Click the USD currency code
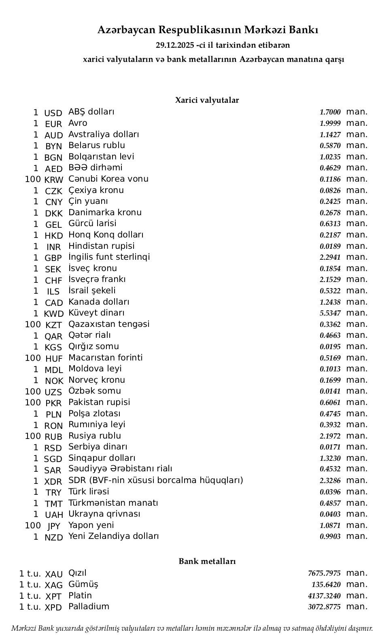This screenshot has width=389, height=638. [x=53, y=113]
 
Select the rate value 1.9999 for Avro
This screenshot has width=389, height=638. [x=330, y=123]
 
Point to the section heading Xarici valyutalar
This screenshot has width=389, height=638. [x=207, y=100]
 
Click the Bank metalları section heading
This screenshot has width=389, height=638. [x=207, y=561]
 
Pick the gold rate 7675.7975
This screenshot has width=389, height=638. [x=324, y=573]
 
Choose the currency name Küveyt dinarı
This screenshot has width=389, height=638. [x=96, y=313]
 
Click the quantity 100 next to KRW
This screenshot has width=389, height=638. [x=33, y=179]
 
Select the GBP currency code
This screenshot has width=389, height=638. [x=53, y=258]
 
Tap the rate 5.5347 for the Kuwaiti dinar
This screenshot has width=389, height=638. [x=330, y=313]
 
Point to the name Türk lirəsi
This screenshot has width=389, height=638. [x=89, y=492]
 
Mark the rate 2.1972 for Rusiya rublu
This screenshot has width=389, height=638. [x=330, y=436]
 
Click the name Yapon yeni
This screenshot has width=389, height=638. [x=91, y=525]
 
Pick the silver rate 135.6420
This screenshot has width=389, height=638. [x=326, y=585]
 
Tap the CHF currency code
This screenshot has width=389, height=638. [x=53, y=280]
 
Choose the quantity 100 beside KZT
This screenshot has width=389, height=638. [x=33, y=324]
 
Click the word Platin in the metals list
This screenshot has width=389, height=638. [x=80, y=596]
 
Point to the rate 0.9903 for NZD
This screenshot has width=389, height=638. [x=330, y=536]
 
